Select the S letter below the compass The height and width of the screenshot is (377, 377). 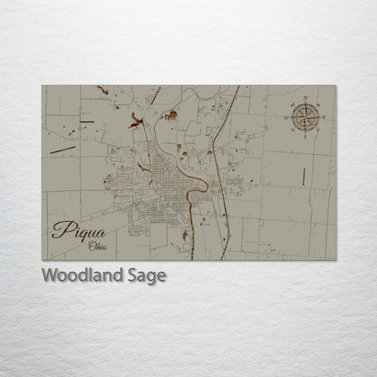pyautogui.click(x=304, y=134)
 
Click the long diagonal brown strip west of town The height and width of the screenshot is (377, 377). pyautogui.click(x=63, y=149)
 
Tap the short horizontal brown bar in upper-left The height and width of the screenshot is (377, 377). pyautogui.click(x=102, y=90)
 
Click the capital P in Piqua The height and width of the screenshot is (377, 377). pyautogui.click(x=60, y=228)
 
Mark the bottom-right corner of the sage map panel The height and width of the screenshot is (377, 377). pyautogui.click(x=334, y=259)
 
